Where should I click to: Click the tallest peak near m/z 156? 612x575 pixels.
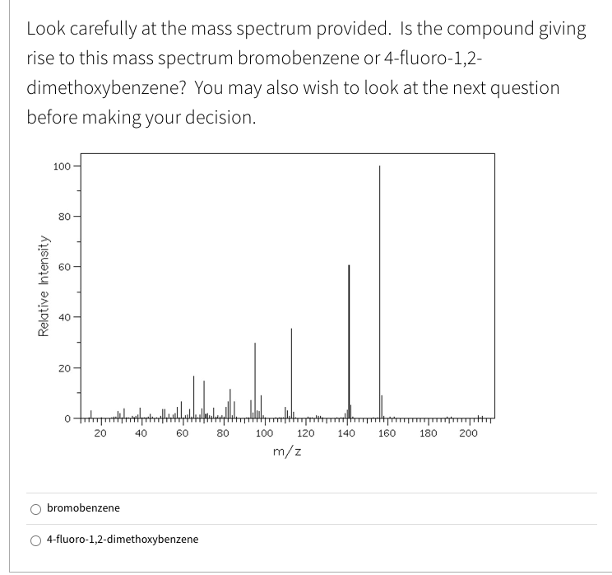[379, 288]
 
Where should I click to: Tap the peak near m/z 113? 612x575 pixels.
[291, 371]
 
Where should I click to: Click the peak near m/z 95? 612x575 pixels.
[254, 379]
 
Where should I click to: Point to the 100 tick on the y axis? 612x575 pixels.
[61, 168]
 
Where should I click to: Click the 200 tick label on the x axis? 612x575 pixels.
[468, 432]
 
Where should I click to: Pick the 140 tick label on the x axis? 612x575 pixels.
[345, 432]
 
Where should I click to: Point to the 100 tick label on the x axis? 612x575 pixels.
[263, 432]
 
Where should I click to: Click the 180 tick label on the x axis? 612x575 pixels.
[428, 432]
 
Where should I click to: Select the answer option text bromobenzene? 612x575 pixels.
[83, 508]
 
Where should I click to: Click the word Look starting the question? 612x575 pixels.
[44, 30]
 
